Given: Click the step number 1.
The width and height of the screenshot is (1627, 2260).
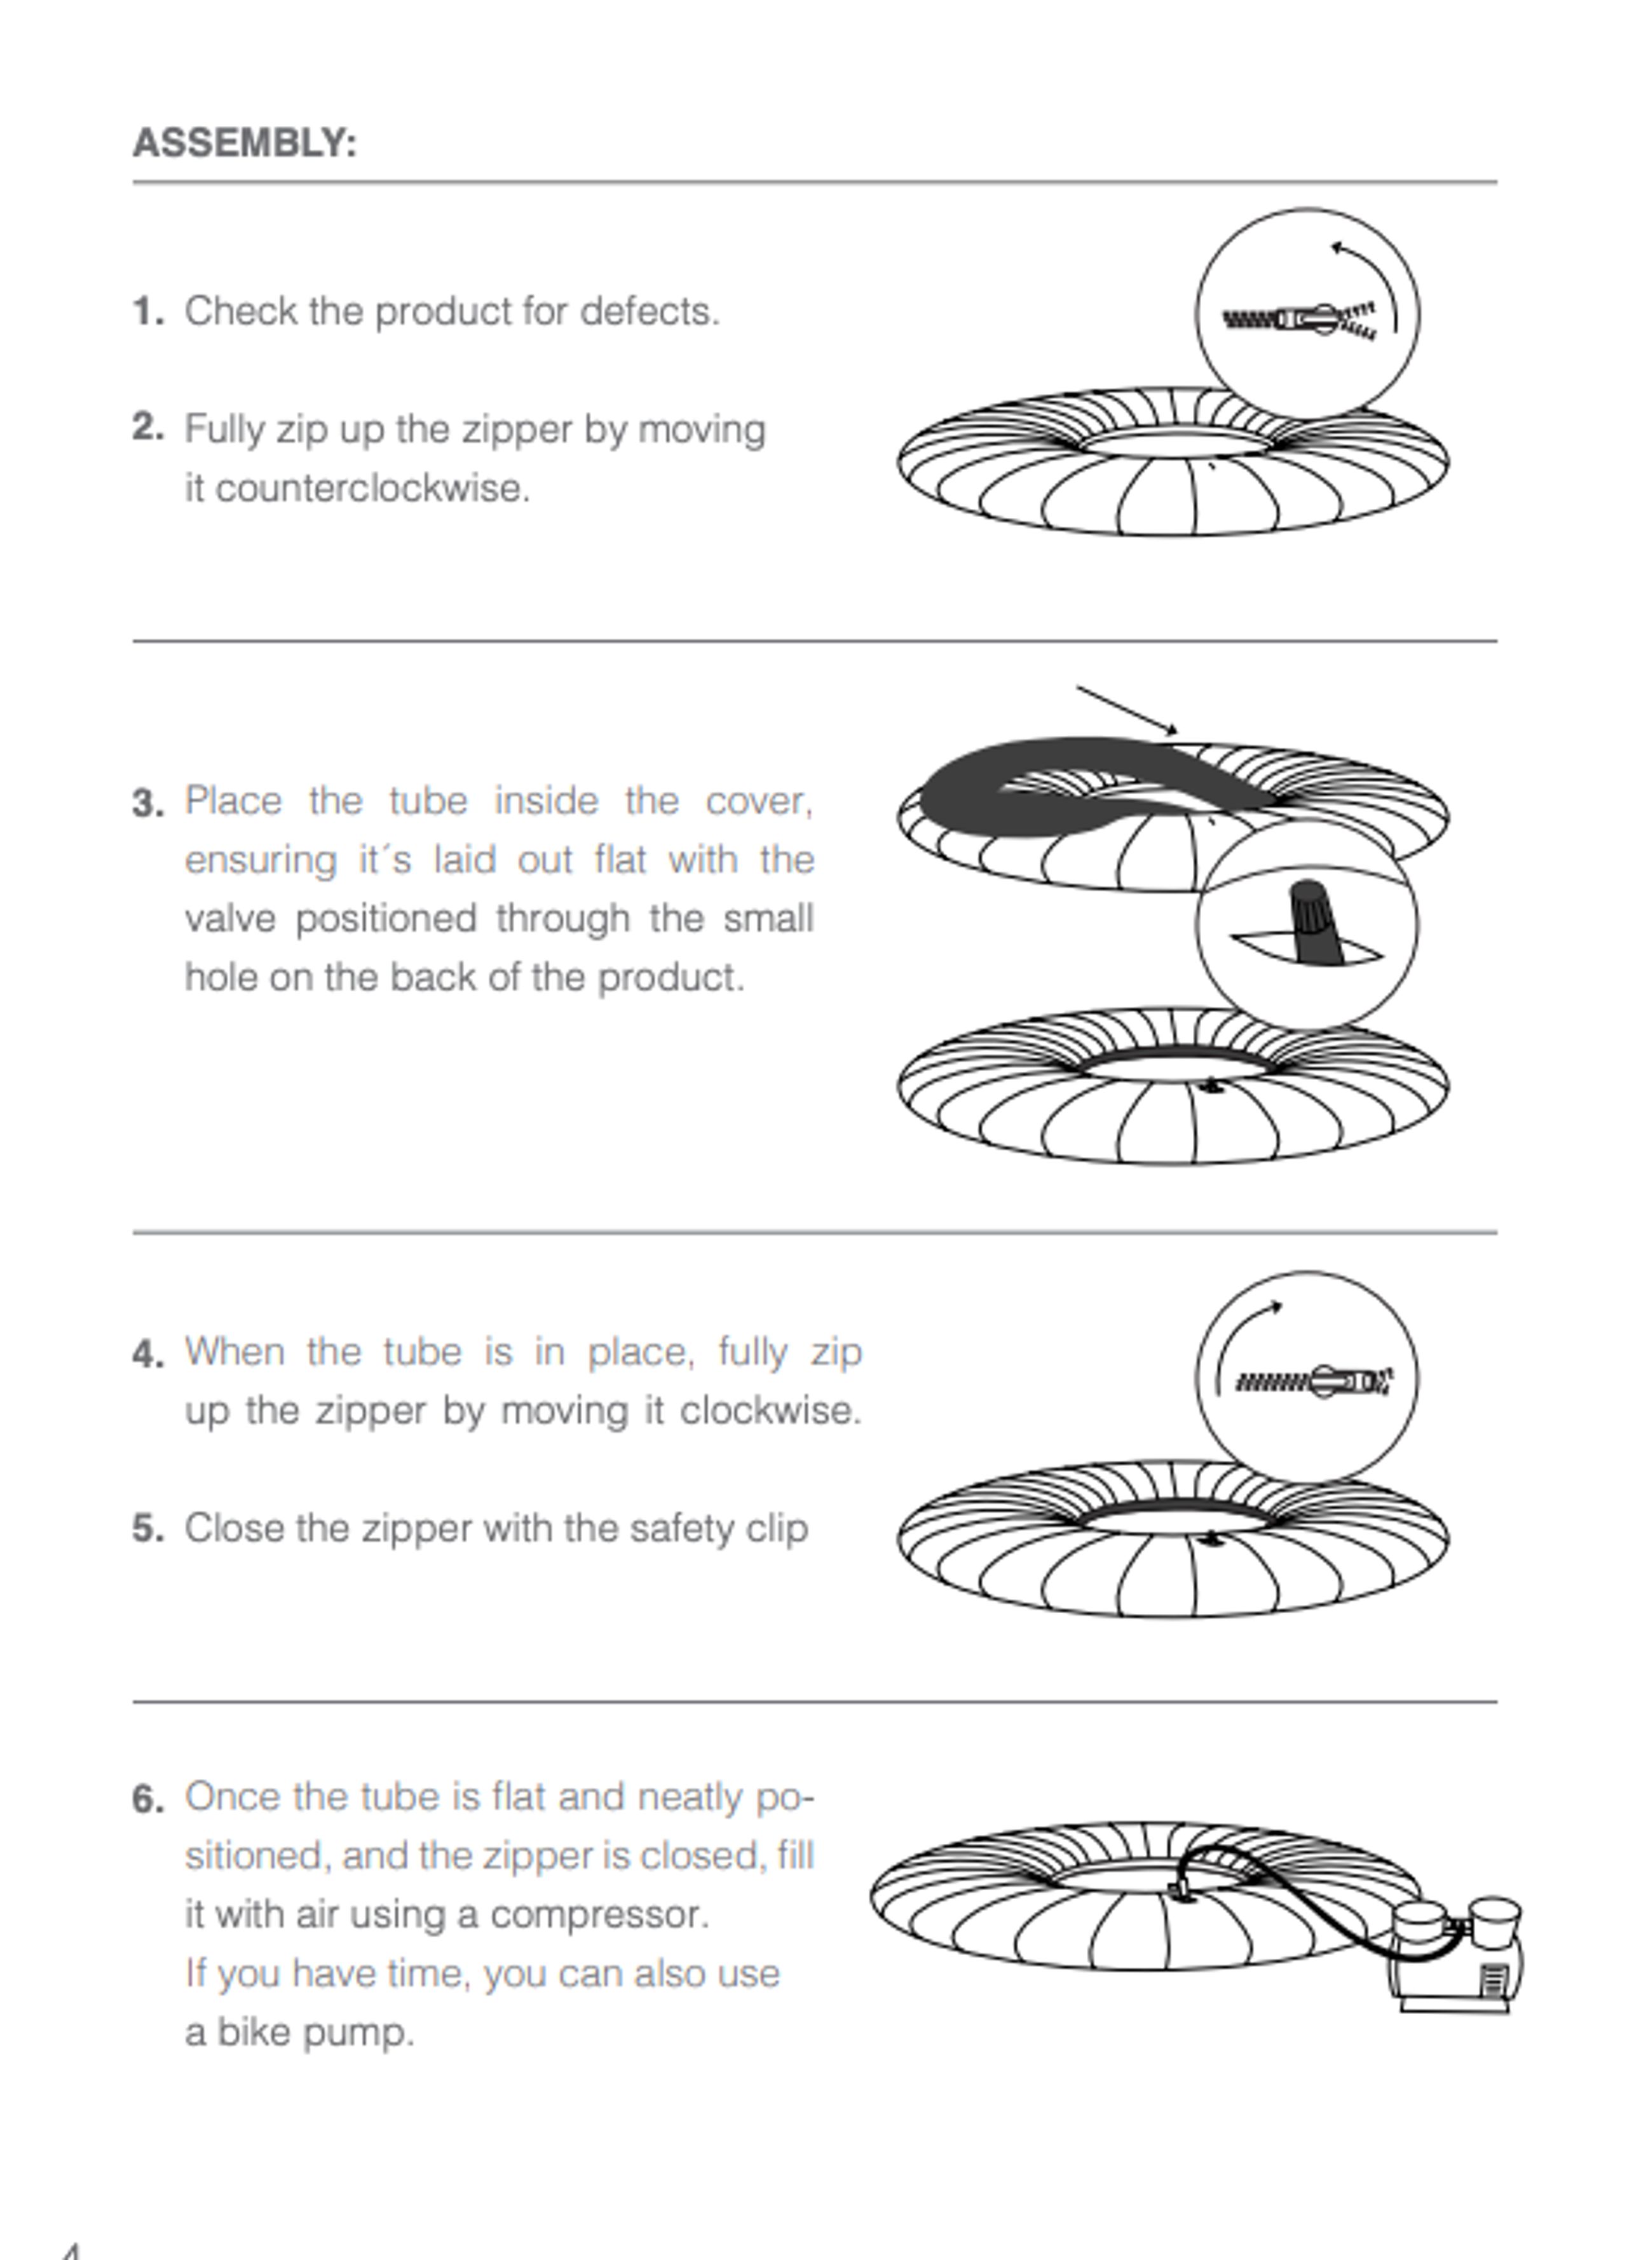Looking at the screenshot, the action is [147, 312].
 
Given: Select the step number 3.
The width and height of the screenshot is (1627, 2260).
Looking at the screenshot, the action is [147, 803].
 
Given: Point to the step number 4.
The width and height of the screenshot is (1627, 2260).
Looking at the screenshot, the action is [147, 1354].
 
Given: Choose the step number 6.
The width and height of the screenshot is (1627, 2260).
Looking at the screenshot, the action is [147, 1799].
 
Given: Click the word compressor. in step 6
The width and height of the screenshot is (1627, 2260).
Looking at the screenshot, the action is [599, 1915].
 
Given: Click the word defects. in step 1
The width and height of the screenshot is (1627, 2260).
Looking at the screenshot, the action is [649, 312].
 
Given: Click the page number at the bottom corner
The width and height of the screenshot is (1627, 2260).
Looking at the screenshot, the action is [70, 2250].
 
